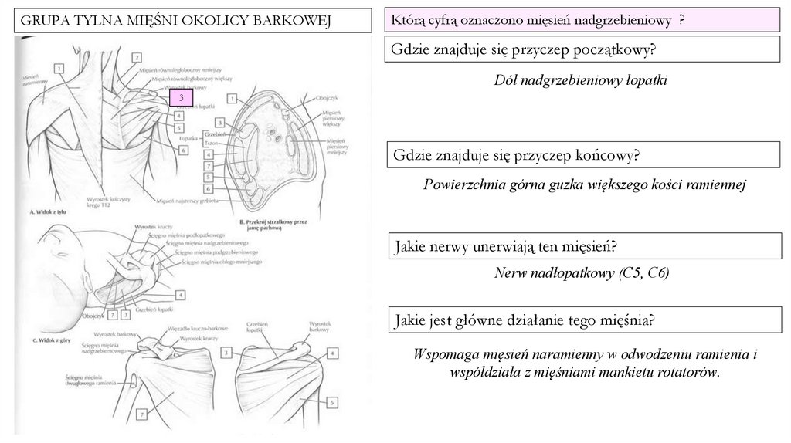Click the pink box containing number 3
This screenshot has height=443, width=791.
coord(181,98)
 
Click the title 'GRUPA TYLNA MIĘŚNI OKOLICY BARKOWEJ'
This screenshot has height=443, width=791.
coord(175,20)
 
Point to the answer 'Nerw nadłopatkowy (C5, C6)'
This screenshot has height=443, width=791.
coord(582,272)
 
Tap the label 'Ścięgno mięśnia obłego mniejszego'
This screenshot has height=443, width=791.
coord(221,262)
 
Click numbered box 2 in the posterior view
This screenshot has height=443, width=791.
coord(136,57)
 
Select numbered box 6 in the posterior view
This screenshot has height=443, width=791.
coord(183,150)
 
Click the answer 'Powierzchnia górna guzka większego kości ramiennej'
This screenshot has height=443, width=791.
coord(585,184)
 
